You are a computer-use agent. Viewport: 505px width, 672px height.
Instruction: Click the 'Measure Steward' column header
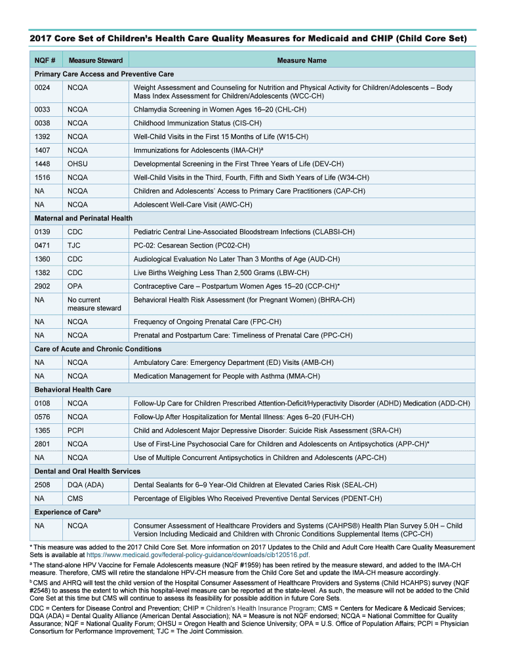coord(96,60)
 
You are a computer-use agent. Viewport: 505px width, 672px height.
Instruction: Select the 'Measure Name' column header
coord(301,60)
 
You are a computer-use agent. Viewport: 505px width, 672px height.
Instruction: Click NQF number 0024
coord(43,87)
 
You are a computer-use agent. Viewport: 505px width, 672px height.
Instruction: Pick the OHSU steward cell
coord(78,164)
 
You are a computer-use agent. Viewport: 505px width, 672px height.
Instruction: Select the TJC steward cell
coord(74,245)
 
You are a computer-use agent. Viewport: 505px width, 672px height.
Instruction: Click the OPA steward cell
coord(75,286)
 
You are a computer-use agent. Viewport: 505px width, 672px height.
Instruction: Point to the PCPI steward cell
coord(75,430)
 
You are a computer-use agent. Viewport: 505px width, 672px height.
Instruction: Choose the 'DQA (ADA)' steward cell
coord(86,485)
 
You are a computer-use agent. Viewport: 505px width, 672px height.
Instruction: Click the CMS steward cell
coord(75,499)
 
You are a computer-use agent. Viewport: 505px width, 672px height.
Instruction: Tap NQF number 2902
coord(43,286)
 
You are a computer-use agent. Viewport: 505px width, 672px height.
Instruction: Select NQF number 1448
coord(43,164)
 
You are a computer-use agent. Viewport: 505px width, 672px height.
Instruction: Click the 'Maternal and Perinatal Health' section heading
coord(83,218)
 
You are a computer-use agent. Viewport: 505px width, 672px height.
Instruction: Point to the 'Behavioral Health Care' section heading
coord(73,390)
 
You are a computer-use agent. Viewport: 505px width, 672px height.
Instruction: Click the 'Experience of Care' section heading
coord(67,512)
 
